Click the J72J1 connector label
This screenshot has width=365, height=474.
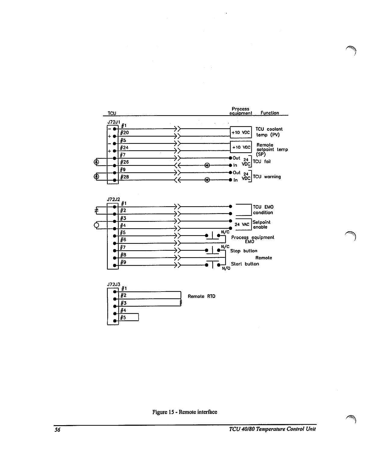coord(114,122)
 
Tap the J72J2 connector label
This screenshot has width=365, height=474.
coord(114,199)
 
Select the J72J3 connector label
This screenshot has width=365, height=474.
coord(114,284)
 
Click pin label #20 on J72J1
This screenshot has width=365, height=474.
coord(124,133)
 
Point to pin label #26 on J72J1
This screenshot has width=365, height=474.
coord(124,162)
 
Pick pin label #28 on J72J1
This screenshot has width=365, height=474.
coord(124,177)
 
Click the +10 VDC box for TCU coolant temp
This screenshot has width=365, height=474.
coord(241,132)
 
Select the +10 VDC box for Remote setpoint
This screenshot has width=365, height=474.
coord(241,147)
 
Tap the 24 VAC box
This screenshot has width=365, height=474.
coord(242,224)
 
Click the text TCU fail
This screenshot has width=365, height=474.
coord(262,162)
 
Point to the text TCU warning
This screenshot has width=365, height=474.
coord(267,177)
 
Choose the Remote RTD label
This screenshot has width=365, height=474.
coord(201,296)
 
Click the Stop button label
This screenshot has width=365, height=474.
coord(244,251)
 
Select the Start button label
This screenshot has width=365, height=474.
coord(245,264)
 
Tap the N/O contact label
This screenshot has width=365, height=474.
coord(226,268)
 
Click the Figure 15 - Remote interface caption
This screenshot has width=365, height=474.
coord(184,412)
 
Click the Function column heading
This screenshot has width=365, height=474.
coord(270,113)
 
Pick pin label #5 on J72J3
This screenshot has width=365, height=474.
coord(123,318)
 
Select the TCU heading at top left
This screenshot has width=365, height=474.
coord(112,113)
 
